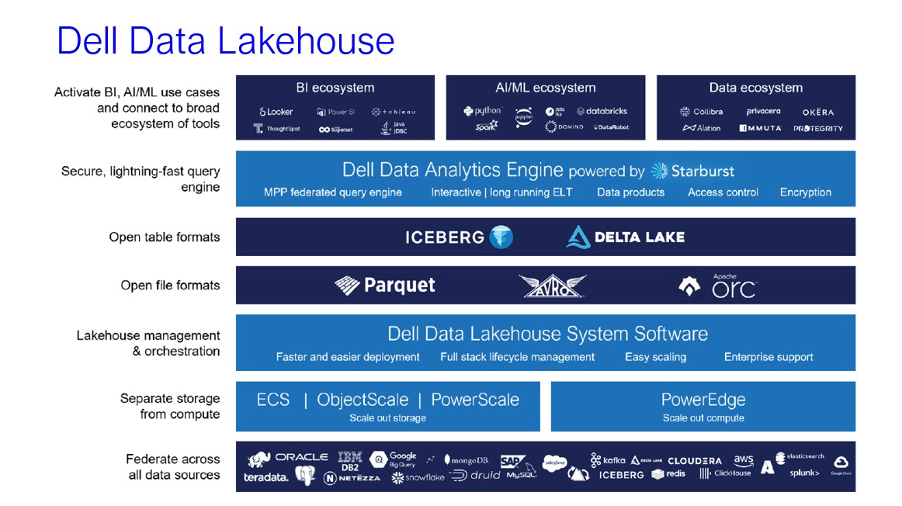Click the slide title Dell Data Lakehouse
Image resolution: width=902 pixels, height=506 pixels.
(225, 40)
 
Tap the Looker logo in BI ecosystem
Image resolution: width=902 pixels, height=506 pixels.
(276, 112)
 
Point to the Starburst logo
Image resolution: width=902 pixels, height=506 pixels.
(692, 171)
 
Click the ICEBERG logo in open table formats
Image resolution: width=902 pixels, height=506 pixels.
(459, 237)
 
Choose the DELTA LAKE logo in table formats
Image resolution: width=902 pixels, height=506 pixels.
(626, 237)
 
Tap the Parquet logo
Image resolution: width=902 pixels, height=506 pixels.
(385, 286)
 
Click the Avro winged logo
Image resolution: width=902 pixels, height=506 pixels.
(552, 286)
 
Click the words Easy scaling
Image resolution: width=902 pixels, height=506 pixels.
(655, 357)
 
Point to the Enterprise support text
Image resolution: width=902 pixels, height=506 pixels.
(768, 357)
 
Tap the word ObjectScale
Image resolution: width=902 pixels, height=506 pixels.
(363, 400)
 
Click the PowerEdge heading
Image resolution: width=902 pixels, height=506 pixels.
(703, 400)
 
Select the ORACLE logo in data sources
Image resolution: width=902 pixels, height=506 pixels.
(301, 457)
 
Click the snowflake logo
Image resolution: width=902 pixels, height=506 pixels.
(418, 477)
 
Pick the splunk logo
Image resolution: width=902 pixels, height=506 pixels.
(804, 473)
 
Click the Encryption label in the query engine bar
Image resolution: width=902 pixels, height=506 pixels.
(805, 192)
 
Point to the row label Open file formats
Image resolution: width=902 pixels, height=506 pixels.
(170, 286)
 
